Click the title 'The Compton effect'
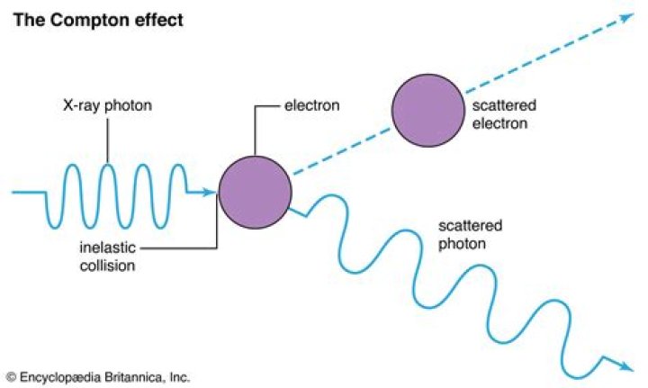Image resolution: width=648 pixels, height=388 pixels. [x=97, y=19]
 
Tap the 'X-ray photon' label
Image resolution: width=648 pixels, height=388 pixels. [x=108, y=106]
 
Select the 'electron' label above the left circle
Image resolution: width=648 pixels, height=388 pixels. [x=310, y=106]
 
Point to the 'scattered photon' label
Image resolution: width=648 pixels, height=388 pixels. [x=468, y=234]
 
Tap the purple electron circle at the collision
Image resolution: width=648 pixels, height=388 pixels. [x=255, y=190]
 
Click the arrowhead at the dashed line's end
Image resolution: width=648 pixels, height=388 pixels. [x=626, y=18]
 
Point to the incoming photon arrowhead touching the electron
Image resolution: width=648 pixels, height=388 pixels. [x=211, y=192]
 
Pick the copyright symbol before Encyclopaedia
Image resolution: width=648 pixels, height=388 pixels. [x=11, y=376]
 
